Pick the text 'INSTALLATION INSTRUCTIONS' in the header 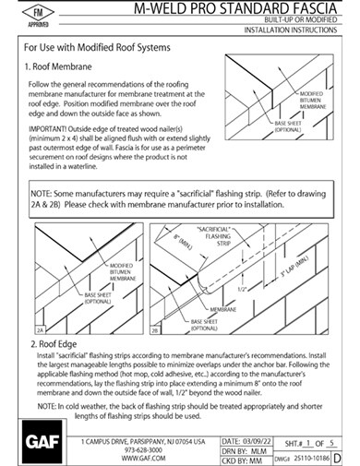(x=287, y=30)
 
